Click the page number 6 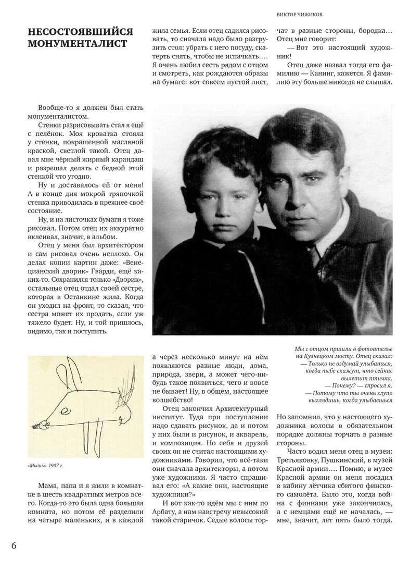click(x=14, y=545)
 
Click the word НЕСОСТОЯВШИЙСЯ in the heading click(x=82, y=32)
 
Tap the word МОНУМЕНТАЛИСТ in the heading click(x=78, y=44)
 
